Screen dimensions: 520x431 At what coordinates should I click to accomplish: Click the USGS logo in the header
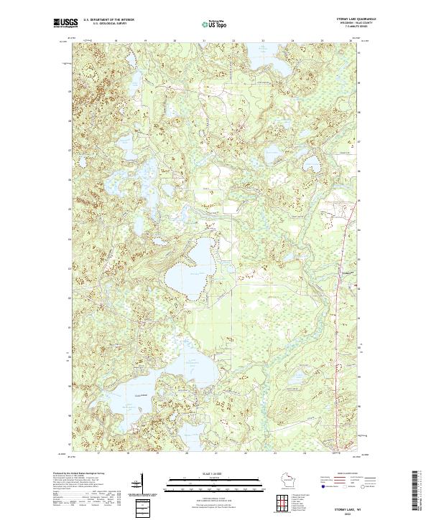pos(65,24)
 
